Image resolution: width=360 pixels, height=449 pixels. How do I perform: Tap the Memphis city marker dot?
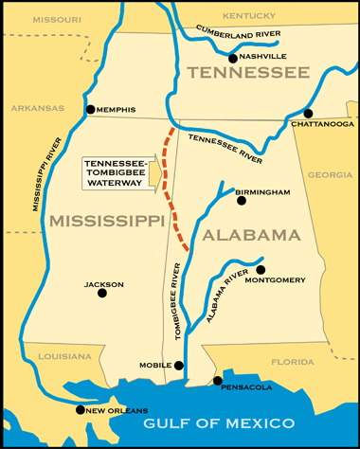91,110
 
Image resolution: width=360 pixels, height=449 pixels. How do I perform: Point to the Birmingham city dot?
242,201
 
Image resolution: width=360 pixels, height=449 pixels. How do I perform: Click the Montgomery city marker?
261,269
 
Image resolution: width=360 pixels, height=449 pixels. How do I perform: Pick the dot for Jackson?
102,293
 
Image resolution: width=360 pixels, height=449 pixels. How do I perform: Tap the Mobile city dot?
179,365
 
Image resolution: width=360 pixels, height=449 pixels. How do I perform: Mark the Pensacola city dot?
218,380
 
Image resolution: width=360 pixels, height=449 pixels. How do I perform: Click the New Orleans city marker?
80,409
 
